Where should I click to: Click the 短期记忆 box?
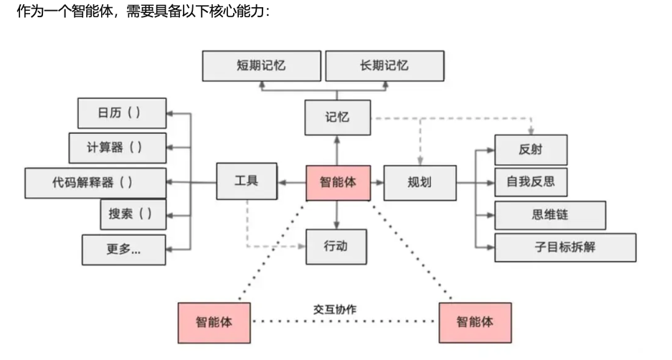point(261,66)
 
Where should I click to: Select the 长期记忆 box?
point(384,66)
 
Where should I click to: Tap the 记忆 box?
point(337,117)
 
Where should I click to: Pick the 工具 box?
point(246,181)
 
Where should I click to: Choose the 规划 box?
point(419,182)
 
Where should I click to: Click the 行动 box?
point(337,247)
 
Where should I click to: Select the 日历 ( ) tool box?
point(121,113)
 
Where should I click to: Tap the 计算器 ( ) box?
point(117,148)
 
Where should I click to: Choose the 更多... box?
point(123,250)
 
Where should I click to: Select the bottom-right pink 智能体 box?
point(475,321)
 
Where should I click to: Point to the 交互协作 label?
point(335,309)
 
